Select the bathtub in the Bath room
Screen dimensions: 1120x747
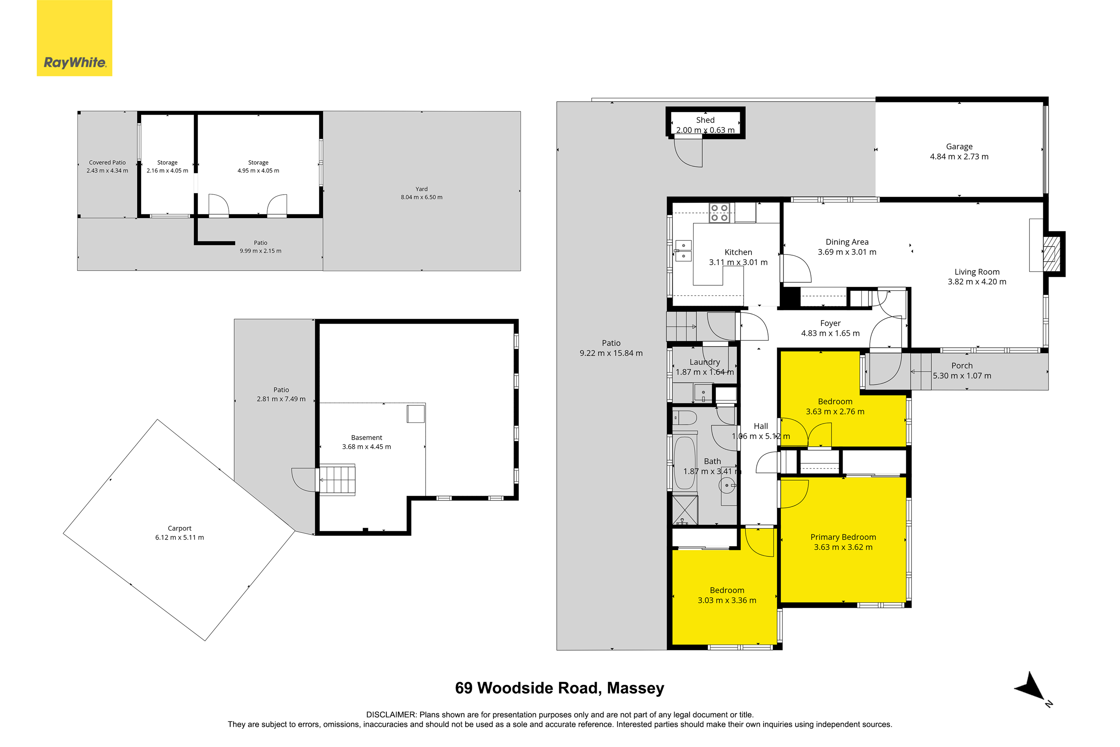pyautogui.click(x=685, y=463)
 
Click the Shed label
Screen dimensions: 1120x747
pyautogui.click(x=705, y=120)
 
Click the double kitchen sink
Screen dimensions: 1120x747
pyautogui.click(x=683, y=250)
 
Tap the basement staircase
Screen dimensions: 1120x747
pyautogui.click(x=337, y=480)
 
